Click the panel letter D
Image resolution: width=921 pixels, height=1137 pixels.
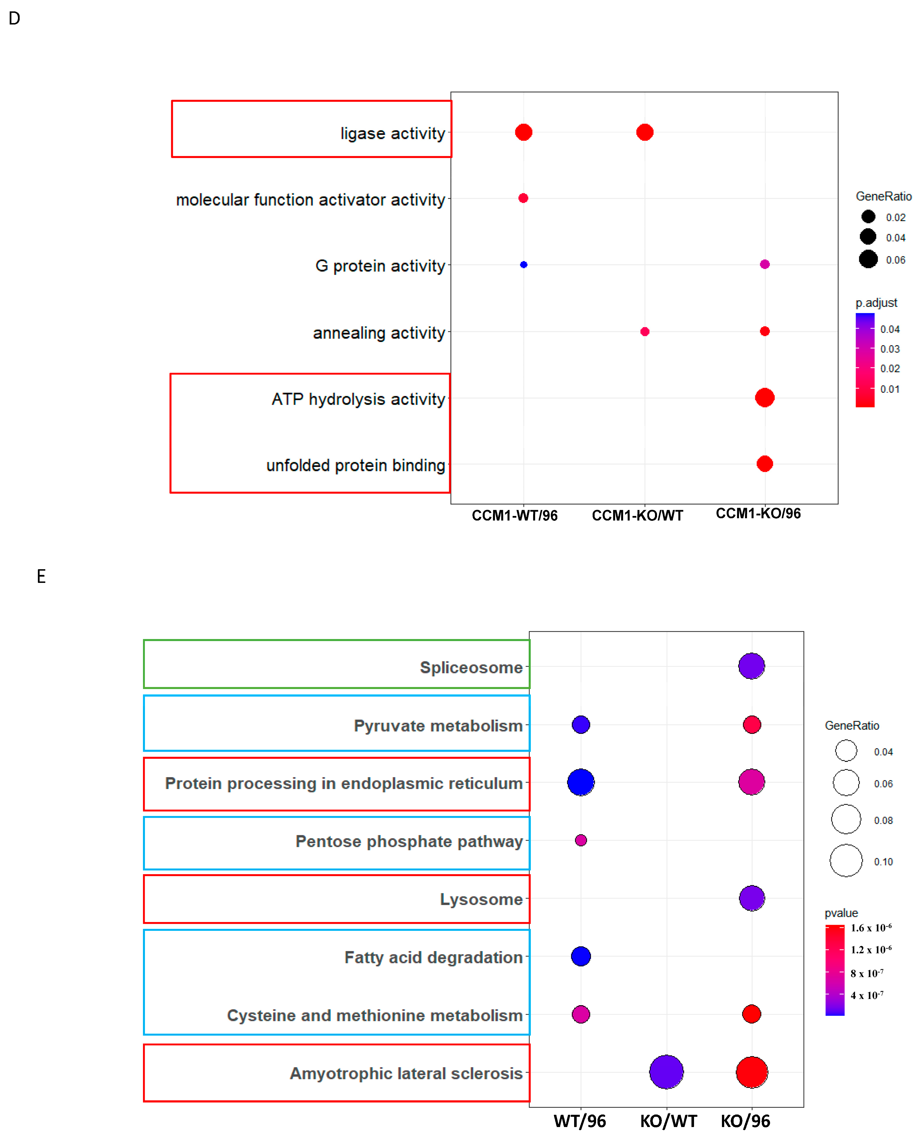(x=14, y=19)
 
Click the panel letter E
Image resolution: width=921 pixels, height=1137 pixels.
(x=41, y=576)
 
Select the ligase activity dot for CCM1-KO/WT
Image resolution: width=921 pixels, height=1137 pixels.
(x=644, y=132)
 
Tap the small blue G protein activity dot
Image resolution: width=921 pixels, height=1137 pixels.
(x=524, y=265)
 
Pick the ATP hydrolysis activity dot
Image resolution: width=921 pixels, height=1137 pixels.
(x=764, y=397)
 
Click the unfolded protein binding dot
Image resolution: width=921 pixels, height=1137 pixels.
(x=764, y=464)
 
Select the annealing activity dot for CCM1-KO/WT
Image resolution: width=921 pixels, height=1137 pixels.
(x=644, y=331)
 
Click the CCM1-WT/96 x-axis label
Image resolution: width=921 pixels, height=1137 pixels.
(x=515, y=515)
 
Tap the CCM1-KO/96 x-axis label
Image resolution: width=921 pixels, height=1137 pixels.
(x=758, y=513)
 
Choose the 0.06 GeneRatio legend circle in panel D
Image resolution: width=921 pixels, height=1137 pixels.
(x=868, y=259)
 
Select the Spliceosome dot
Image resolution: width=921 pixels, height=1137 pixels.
(x=751, y=666)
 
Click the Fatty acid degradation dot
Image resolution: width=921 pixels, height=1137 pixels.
(x=581, y=956)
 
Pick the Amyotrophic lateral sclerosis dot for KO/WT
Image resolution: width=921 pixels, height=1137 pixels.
(x=666, y=1072)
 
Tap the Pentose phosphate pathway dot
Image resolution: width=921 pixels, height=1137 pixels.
(x=581, y=840)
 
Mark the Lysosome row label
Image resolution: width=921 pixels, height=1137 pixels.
(x=481, y=900)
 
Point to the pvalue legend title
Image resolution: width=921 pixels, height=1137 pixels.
(x=841, y=913)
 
